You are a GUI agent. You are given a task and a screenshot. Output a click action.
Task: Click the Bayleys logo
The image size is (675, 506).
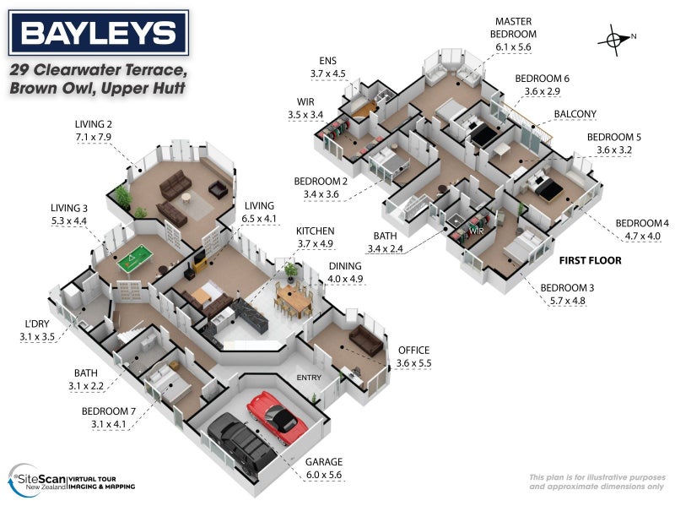tap(99, 34)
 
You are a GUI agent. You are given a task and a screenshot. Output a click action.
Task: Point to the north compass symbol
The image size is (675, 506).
tap(617, 37)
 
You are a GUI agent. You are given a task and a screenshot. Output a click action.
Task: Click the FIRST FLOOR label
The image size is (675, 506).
tap(591, 261)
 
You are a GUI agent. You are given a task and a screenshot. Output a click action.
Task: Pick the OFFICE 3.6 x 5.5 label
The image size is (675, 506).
tap(413, 356)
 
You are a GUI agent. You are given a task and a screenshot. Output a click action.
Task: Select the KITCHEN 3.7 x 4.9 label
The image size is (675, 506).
tap(315, 237)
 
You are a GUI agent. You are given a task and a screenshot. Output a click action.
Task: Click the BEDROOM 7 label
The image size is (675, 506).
tap(111, 418)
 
